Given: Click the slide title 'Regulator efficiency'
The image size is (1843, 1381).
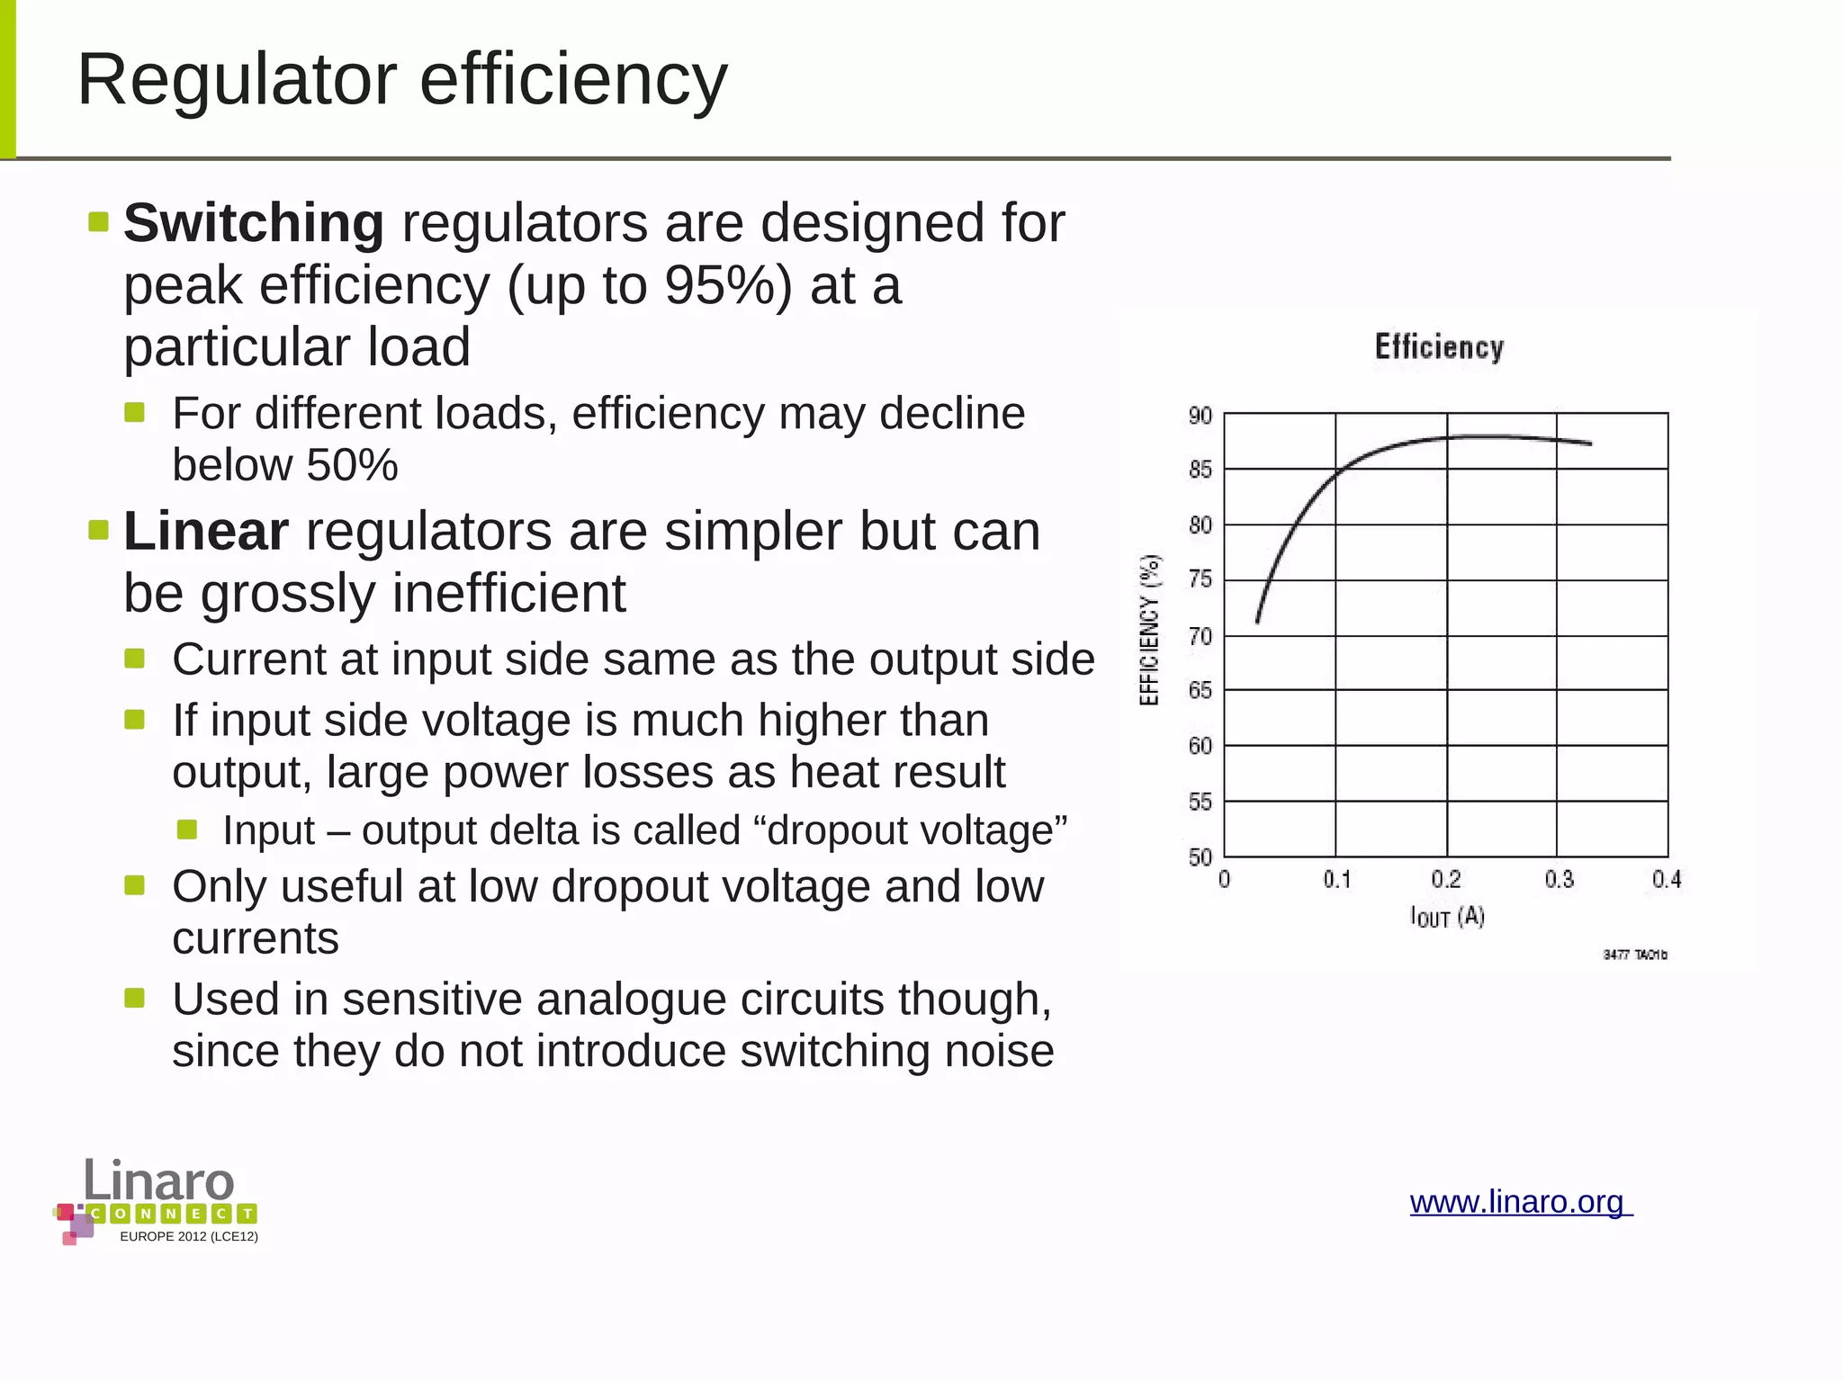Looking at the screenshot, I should (402, 79).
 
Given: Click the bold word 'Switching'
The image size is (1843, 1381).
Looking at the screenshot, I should (254, 223).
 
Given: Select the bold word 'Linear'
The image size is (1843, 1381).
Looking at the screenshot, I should (206, 531).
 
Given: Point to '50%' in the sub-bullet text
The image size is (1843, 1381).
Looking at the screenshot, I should (352, 465).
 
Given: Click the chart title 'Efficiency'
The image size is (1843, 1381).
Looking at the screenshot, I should (1439, 347).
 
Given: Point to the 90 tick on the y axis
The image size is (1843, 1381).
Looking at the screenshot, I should (1200, 416).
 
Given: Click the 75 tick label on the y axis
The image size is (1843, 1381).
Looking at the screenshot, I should (1200, 579).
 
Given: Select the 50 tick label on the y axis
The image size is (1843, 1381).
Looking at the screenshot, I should (1200, 856).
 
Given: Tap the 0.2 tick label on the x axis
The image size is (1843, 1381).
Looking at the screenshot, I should (1446, 879).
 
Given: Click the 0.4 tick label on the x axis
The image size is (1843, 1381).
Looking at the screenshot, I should (1666, 879).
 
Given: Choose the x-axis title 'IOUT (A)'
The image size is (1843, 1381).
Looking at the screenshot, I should (1446, 917).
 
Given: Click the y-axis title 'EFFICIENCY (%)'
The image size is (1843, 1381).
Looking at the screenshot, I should (1149, 630).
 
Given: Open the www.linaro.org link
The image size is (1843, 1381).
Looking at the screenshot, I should (1520, 1202).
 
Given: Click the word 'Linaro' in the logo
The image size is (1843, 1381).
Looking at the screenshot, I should (159, 1179).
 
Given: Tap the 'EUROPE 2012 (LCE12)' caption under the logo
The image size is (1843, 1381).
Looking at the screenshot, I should (189, 1237).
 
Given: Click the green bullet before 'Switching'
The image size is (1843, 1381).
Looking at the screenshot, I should (99, 221).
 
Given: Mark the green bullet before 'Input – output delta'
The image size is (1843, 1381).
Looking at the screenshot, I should (187, 829).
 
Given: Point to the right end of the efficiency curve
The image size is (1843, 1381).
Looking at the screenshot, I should (1590, 444).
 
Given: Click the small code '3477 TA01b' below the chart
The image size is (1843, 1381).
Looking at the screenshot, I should (1634, 955).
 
